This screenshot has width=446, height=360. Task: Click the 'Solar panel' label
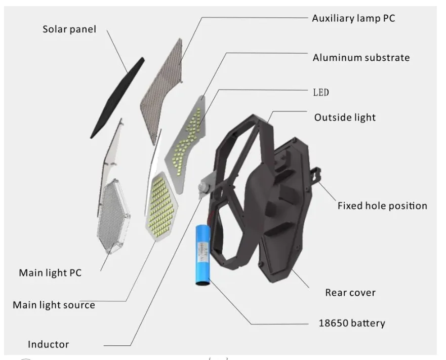pyautogui.click(x=69, y=29)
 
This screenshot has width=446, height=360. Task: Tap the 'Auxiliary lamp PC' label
pyautogui.click(x=353, y=18)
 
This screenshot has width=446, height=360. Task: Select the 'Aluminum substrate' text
pyautogui.click(x=361, y=58)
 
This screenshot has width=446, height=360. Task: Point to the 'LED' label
pyautogui.click(x=321, y=93)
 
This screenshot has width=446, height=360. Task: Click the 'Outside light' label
pyautogui.click(x=345, y=117)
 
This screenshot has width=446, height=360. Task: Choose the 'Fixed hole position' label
pyautogui.click(x=382, y=206)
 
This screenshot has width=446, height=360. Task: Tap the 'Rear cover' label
pyautogui.click(x=350, y=293)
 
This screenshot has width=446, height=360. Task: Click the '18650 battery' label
pyautogui.click(x=352, y=323)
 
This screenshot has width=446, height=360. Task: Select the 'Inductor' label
pyautogui.click(x=49, y=344)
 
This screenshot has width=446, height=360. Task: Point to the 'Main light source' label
pyautogui.click(x=54, y=305)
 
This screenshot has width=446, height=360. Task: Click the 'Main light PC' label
pyautogui.click(x=50, y=272)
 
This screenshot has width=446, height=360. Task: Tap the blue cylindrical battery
pyautogui.click(x=203, y=255)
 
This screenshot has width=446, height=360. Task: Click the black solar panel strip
pyautogui.click(x=117, y=98)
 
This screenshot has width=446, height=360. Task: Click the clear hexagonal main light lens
pyautogui.click(x=113, y=216)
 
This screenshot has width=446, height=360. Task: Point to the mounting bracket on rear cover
pyautogui.click(x=315, y=175)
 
